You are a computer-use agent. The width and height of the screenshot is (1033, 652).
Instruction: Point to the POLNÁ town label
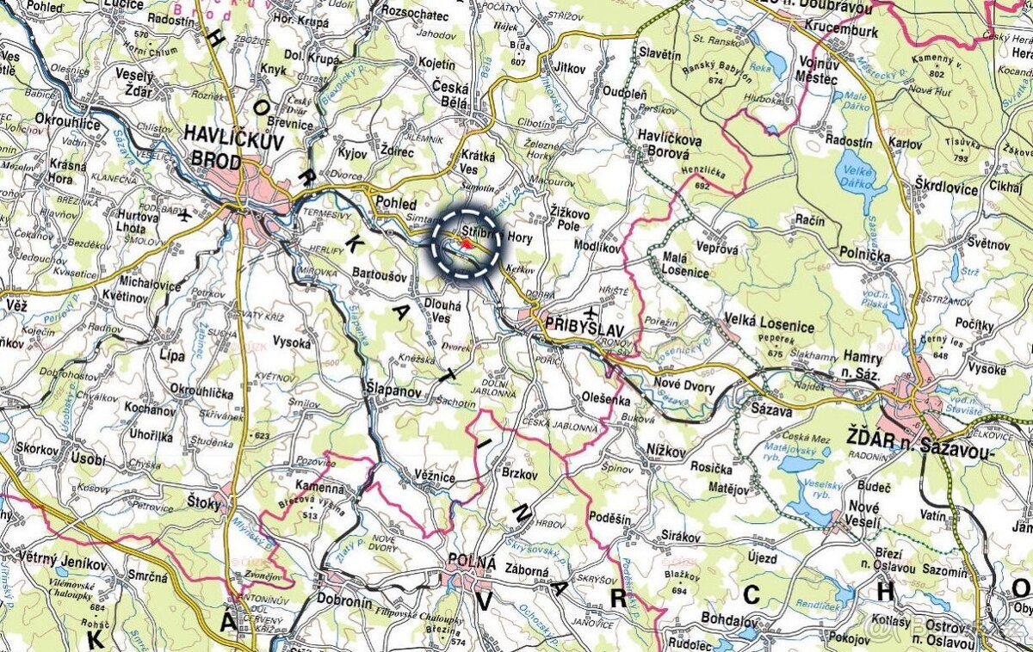click(473, 563)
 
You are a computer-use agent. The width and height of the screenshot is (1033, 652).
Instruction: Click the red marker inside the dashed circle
click(466, 243)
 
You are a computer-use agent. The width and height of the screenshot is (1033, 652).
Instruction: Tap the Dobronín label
click(344, 602)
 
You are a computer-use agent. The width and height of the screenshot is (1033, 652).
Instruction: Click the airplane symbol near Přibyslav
click(590, 310)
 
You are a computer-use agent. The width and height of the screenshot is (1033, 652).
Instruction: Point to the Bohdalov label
click(706, 620)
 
